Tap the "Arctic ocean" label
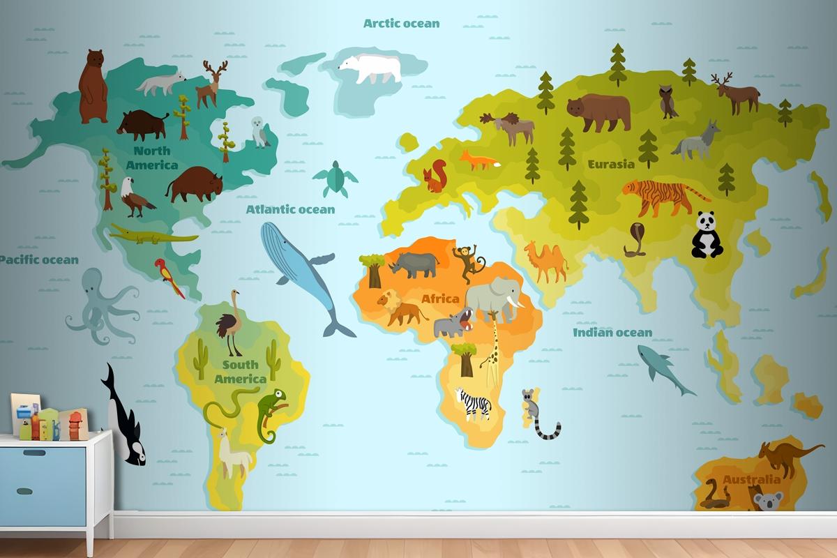(402, 23)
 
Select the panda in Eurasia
(707, 235)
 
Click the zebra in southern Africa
(474, 403)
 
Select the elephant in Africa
(493, 298)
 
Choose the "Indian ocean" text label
(612, 333)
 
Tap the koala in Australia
(769, 501)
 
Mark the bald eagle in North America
(135, 197)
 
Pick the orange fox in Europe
(478, 160)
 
